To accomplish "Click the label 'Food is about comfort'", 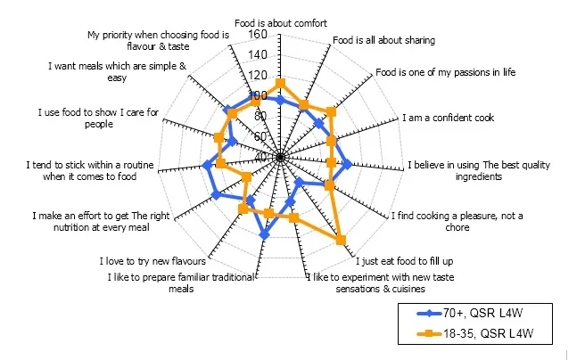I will tap(281, 22).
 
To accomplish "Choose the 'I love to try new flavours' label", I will tap(152, 261).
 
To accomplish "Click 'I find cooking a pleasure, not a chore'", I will tap(457, 220).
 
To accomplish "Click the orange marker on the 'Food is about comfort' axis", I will tap(281, 83).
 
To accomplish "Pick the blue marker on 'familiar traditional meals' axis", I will tap(264, 235).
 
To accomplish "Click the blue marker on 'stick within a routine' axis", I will tap(208, 165).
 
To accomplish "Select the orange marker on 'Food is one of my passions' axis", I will tap(332, 112).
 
